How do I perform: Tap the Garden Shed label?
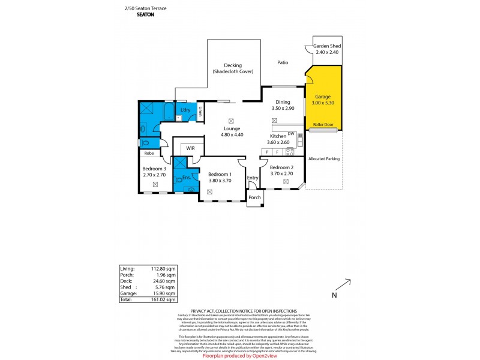[x=328, y=46]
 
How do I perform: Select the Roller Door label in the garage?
[x=323, y=124]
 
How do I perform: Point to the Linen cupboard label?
[x=200, y=112]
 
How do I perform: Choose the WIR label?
[x=190, y=147]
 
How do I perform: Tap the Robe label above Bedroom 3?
[x=149, y=153]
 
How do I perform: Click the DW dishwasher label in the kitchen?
[x=290, y=133]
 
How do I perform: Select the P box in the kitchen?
[x=267, y=152]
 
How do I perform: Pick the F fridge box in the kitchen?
[x=278, y=152]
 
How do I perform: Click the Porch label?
[x=254, y=197]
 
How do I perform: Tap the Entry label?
[x=253, y=178]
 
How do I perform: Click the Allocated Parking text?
[x=323, y=159]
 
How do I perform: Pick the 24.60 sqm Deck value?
[x=165, y=281]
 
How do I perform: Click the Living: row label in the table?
[x=127, y=269]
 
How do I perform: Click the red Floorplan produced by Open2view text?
[x=239, y=355]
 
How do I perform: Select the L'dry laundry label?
[x=185, y=110]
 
